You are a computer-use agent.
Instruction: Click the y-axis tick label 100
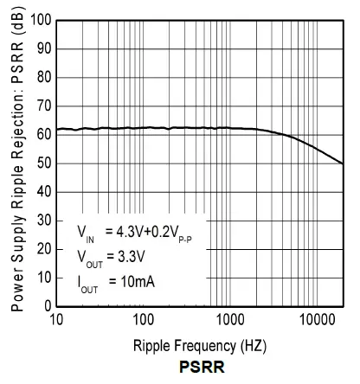[x=39, y=20]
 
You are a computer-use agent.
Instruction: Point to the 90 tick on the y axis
[x=42, y=48]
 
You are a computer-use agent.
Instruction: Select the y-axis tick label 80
[x=42, y=77]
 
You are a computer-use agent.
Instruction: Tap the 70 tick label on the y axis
[x=42, y=106]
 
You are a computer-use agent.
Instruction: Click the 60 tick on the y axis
[x=42, y=134]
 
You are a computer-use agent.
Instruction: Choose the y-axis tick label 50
[x=42, y=163]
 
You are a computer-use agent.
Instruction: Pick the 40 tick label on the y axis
[x=42, y=191]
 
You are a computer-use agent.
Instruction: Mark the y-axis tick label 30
[x=42, y=220]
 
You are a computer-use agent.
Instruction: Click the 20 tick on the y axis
[x=42, y=248]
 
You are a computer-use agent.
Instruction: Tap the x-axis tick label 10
[x=57, y=321]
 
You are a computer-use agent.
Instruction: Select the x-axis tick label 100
[x=143, y=321]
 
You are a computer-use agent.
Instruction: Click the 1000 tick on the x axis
[x=229, y=321]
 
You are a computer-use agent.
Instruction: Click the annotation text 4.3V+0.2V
[x=147, y=232]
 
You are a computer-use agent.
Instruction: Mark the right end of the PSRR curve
[x=344, y=163]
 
